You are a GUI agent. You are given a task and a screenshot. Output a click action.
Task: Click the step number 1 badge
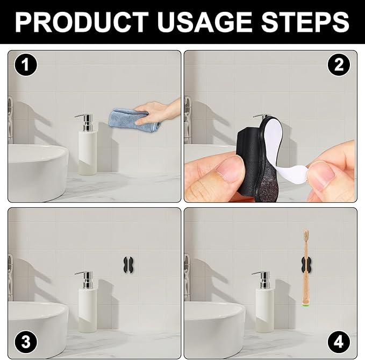pos(26,65)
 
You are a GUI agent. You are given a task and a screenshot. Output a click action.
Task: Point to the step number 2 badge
pos(339,65)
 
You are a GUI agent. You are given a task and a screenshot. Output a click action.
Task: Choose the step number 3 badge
pos(26,342)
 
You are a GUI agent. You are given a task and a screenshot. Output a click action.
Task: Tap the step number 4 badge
pos(339,342)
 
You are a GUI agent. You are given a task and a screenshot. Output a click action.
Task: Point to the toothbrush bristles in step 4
pos(306,235)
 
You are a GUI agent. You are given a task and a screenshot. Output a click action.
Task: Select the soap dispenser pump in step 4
pos(262,280)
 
